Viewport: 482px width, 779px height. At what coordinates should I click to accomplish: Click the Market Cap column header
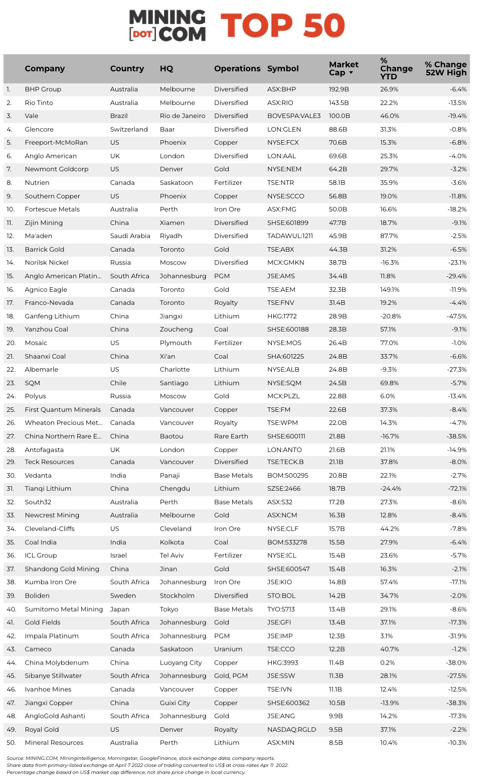click(x=344, y=68)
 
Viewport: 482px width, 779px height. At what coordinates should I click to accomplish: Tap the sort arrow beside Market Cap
click(x=351, y=73)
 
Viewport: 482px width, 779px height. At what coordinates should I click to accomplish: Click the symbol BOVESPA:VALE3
click(x=293, y=116)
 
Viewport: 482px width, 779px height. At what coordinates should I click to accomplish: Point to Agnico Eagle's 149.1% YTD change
click(x=390, y=290)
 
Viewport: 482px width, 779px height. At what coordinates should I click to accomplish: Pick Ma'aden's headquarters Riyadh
click(x=171, y=236)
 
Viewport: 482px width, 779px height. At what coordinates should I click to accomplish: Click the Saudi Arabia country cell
click(x=130, y=236)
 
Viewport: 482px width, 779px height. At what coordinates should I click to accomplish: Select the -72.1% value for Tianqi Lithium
click(x=457, y=489)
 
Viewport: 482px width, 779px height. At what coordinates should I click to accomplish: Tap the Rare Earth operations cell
click(x=231, y=436)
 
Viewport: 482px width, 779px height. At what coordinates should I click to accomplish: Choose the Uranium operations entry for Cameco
click(x=228, y=649)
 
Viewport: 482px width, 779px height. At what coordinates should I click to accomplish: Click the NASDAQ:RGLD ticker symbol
click(x=291, y=730)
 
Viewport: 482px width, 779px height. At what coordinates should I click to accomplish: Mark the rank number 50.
click(x=11, y=743)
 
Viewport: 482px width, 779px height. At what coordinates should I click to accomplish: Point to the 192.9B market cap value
click(x=339, y=89)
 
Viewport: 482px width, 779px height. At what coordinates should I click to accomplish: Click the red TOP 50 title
click(x=283, y=26)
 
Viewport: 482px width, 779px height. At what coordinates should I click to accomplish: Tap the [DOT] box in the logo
click(x=142, y=34)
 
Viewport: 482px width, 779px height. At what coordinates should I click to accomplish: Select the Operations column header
click(x=237, y=69)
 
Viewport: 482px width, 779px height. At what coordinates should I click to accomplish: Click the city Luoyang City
click(x=181, y=663)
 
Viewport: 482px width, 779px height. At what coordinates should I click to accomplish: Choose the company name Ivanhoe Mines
click(x=48, y=690)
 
